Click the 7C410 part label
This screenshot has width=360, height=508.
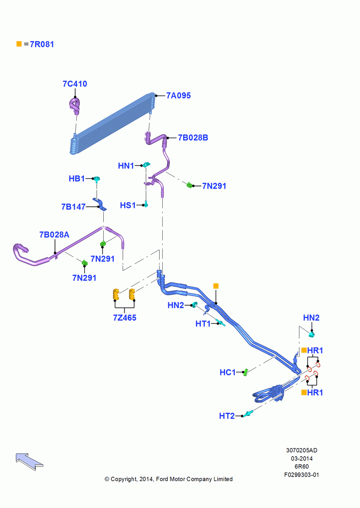(x=75, y=84)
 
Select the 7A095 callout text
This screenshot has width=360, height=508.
(x=178, y=96)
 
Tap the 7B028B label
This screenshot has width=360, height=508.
(x=193, y=138)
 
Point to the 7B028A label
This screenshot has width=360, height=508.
(x=54, y=235)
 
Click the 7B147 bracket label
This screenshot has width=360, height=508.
(x=73, y=207)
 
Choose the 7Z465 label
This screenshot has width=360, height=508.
(x=125, y=318)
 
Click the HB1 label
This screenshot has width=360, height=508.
(x=77, y=178)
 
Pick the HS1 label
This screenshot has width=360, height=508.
(x=128, y=205)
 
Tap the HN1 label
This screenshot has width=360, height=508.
(x=126, y=166)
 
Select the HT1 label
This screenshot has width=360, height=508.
(x=203, y=324)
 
